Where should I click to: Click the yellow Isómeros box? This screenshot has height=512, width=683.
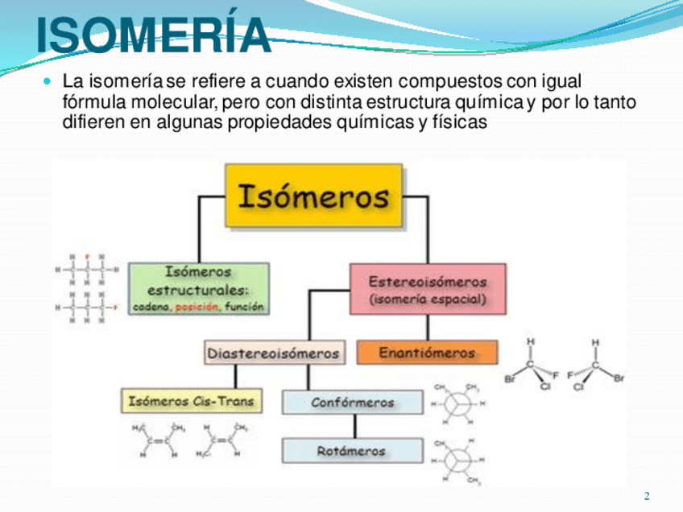313,196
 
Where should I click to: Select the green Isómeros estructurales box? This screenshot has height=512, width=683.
198,288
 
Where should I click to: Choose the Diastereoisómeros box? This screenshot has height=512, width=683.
274,353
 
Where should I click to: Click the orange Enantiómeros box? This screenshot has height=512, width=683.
427,353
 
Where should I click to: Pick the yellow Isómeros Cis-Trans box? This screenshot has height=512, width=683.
191,400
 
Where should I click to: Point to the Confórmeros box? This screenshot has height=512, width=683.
352,402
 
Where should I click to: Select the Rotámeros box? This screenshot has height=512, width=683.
352,451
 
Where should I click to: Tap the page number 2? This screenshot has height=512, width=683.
646,495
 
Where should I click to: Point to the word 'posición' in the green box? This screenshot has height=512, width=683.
197,307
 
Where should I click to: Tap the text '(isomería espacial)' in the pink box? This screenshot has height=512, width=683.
428,299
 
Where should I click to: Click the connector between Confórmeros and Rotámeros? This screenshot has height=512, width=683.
352,426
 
